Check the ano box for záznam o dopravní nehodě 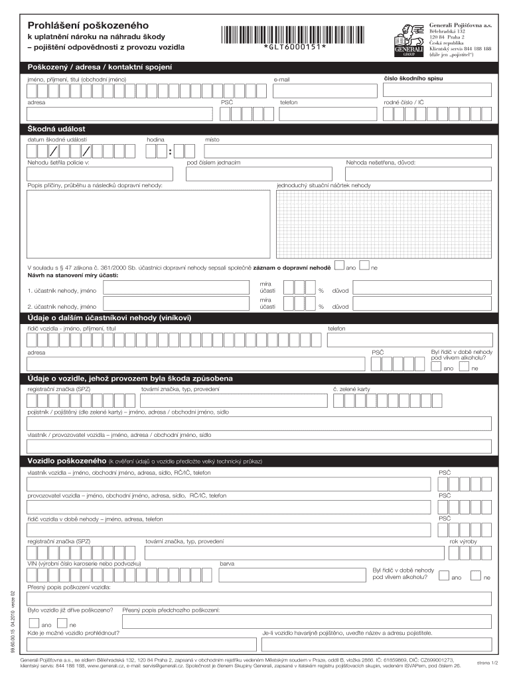click(340, 266)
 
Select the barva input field click(292, 576)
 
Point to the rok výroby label click(463, 542)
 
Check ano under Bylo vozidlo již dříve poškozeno click(33, 624)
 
